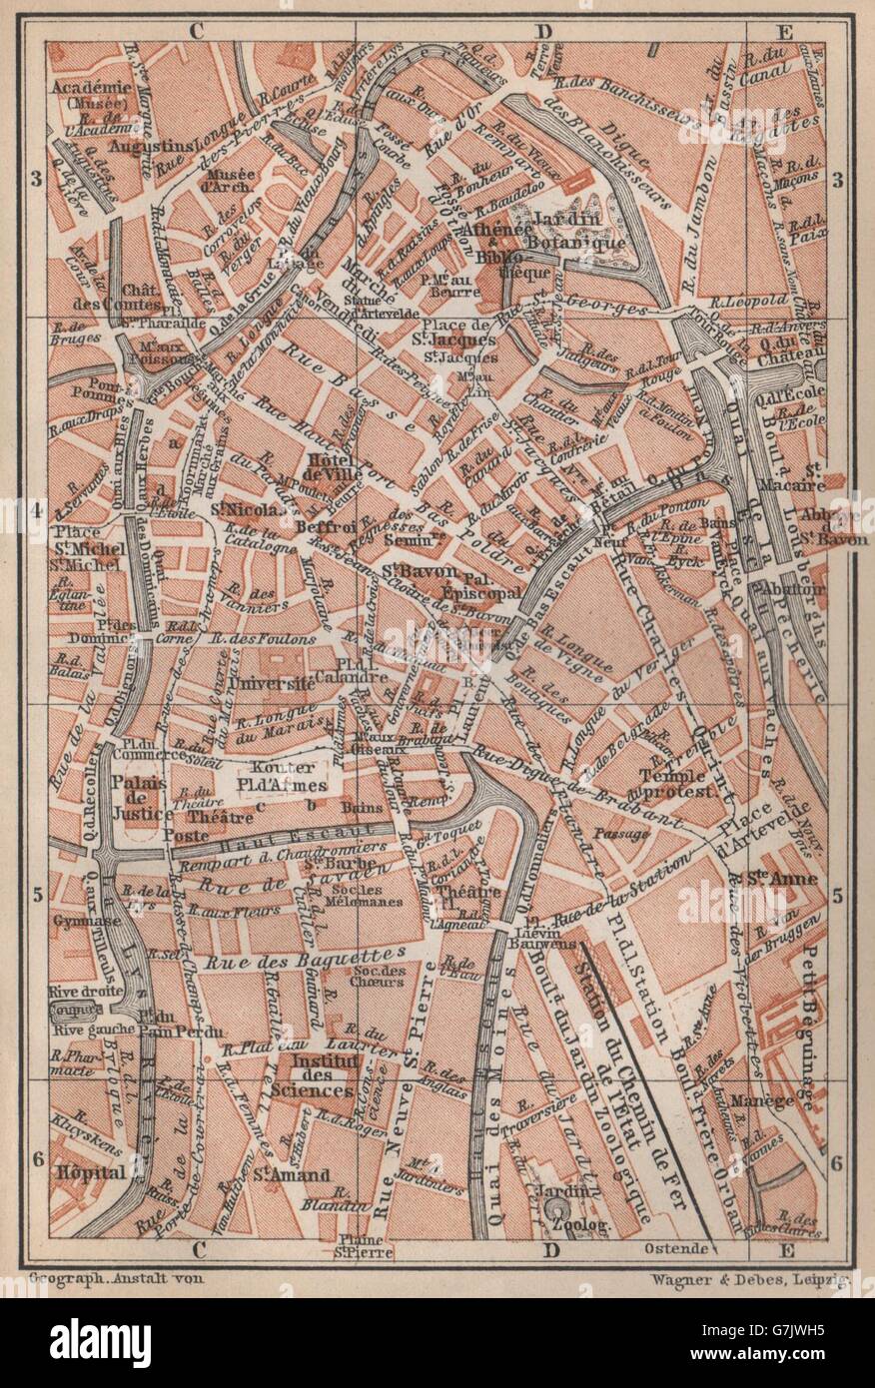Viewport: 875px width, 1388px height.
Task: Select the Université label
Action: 269,682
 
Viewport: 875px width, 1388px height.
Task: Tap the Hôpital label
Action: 91,1171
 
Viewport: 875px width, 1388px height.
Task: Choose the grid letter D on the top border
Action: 542,31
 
